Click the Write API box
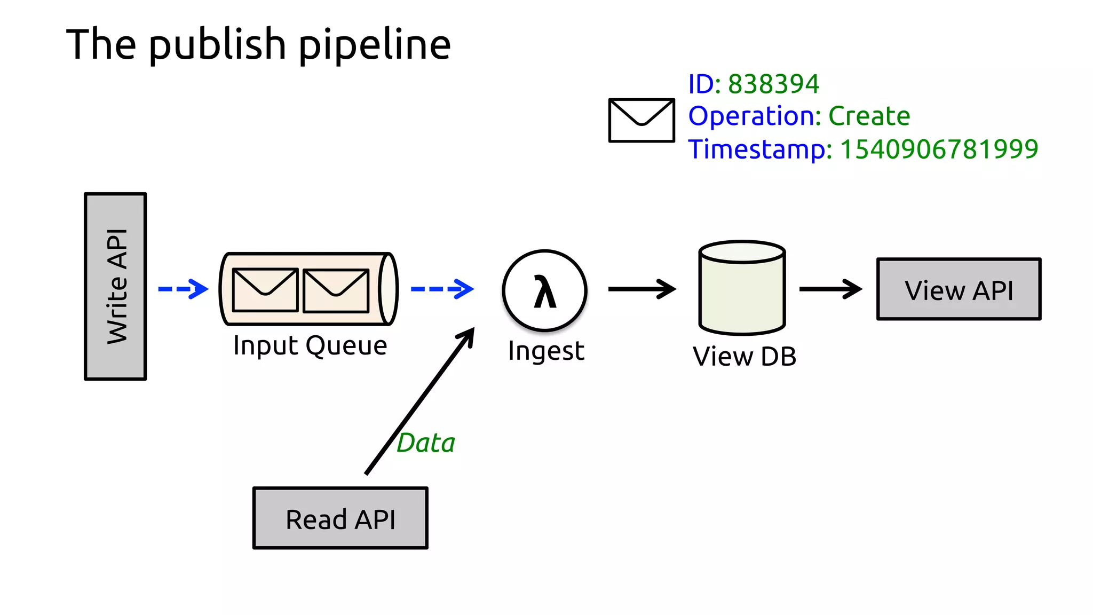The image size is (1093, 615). pos(115,287)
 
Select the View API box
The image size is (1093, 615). pos(959,289)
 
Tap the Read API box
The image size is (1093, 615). pos(340,518)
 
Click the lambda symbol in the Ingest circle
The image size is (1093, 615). pos(544,292)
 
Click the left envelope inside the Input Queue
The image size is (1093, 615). pos(265,290)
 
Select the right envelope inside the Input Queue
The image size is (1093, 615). pos(336,290)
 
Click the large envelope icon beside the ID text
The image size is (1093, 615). pos(641,120)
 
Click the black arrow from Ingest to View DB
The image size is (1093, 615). pos(642,289)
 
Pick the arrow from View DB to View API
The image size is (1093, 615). pos(830,289)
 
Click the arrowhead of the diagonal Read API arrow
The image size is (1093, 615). pos(468,336)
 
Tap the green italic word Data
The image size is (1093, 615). pos(425,443)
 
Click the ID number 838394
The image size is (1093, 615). pos(773,84)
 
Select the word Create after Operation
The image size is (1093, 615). pos(869,116)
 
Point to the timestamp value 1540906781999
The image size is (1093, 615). pos(939,149)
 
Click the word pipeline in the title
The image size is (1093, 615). pos(374,45)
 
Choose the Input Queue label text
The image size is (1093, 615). pos(310,345)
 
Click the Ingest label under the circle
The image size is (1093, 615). pos(546,351)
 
